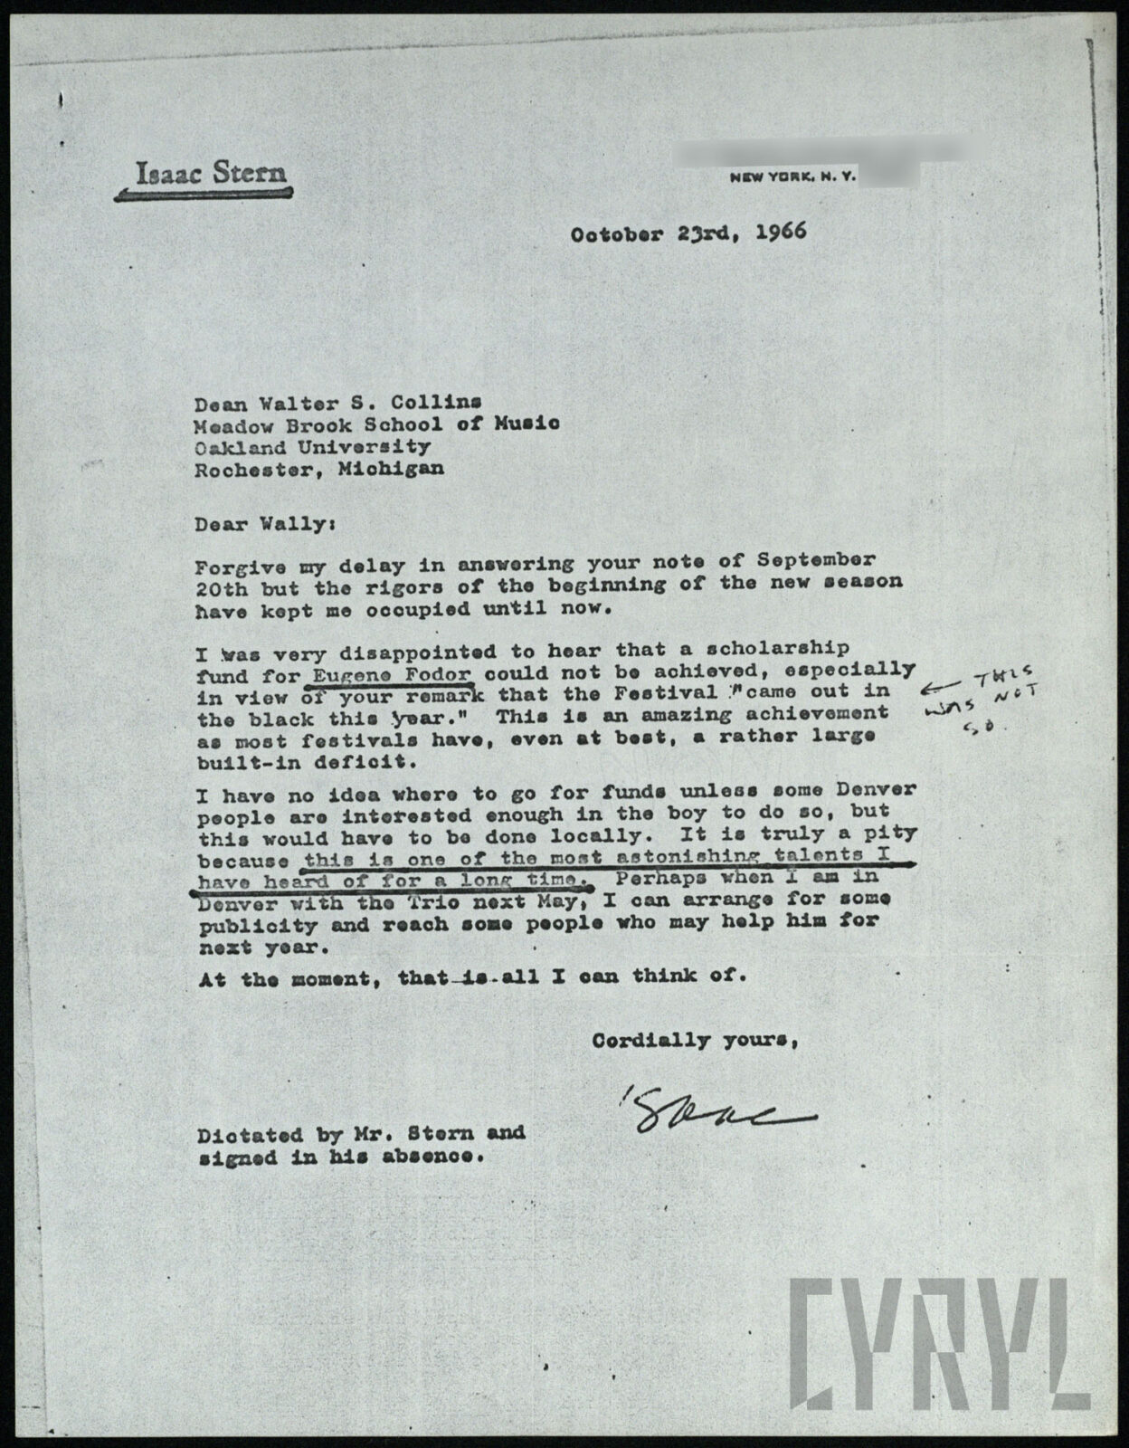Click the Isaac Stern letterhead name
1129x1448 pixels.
pyautogui.click(x=210, y=172)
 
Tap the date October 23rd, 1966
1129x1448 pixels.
pyautogui.click(x=688, y=233)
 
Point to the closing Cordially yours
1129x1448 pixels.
pyautogui.click(x=695, y=1041)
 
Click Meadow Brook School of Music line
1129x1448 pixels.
pyautogui.click(x=378, y=424)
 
